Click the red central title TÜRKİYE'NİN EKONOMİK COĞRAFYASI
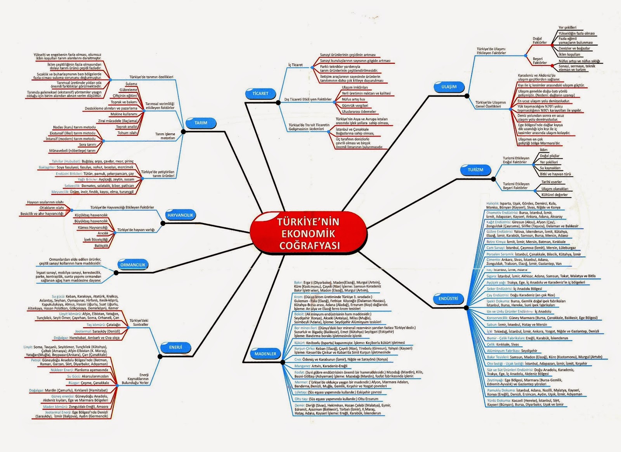tap(309, 233)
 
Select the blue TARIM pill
tap(201, 123)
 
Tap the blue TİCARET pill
tap(260, 93)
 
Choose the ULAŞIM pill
tap(449, 87)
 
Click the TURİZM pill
tap(475, 170)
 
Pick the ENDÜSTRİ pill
tap(448, 298)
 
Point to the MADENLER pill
tap(265, 354)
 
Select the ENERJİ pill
tap(175, 347)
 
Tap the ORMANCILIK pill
tap(133, 265)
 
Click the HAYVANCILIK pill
tap(180, 215)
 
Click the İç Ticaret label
tap(295, 65)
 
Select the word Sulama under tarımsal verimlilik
tap(131, 84)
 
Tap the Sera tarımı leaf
tap(88, 145)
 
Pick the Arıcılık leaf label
tap(103, 233)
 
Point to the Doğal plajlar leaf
tap(550, 156)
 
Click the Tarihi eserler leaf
tap(552, 182)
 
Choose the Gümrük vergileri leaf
tap(355, 105)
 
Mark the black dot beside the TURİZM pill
tap(493, 179)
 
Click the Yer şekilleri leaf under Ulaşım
tap(567, 28)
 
